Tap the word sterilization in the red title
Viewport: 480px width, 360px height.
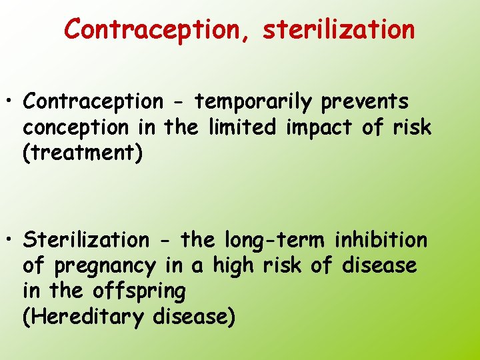click(x=339, y=29)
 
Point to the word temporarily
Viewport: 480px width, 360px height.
click(x=253, y=102)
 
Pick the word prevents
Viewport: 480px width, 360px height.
click(x=365, y=102)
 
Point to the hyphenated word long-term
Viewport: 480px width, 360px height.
click(x=275, y=239)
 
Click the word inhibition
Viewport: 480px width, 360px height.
click(x=381, y=239)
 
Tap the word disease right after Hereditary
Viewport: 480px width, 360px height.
click(x=194, y=317)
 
